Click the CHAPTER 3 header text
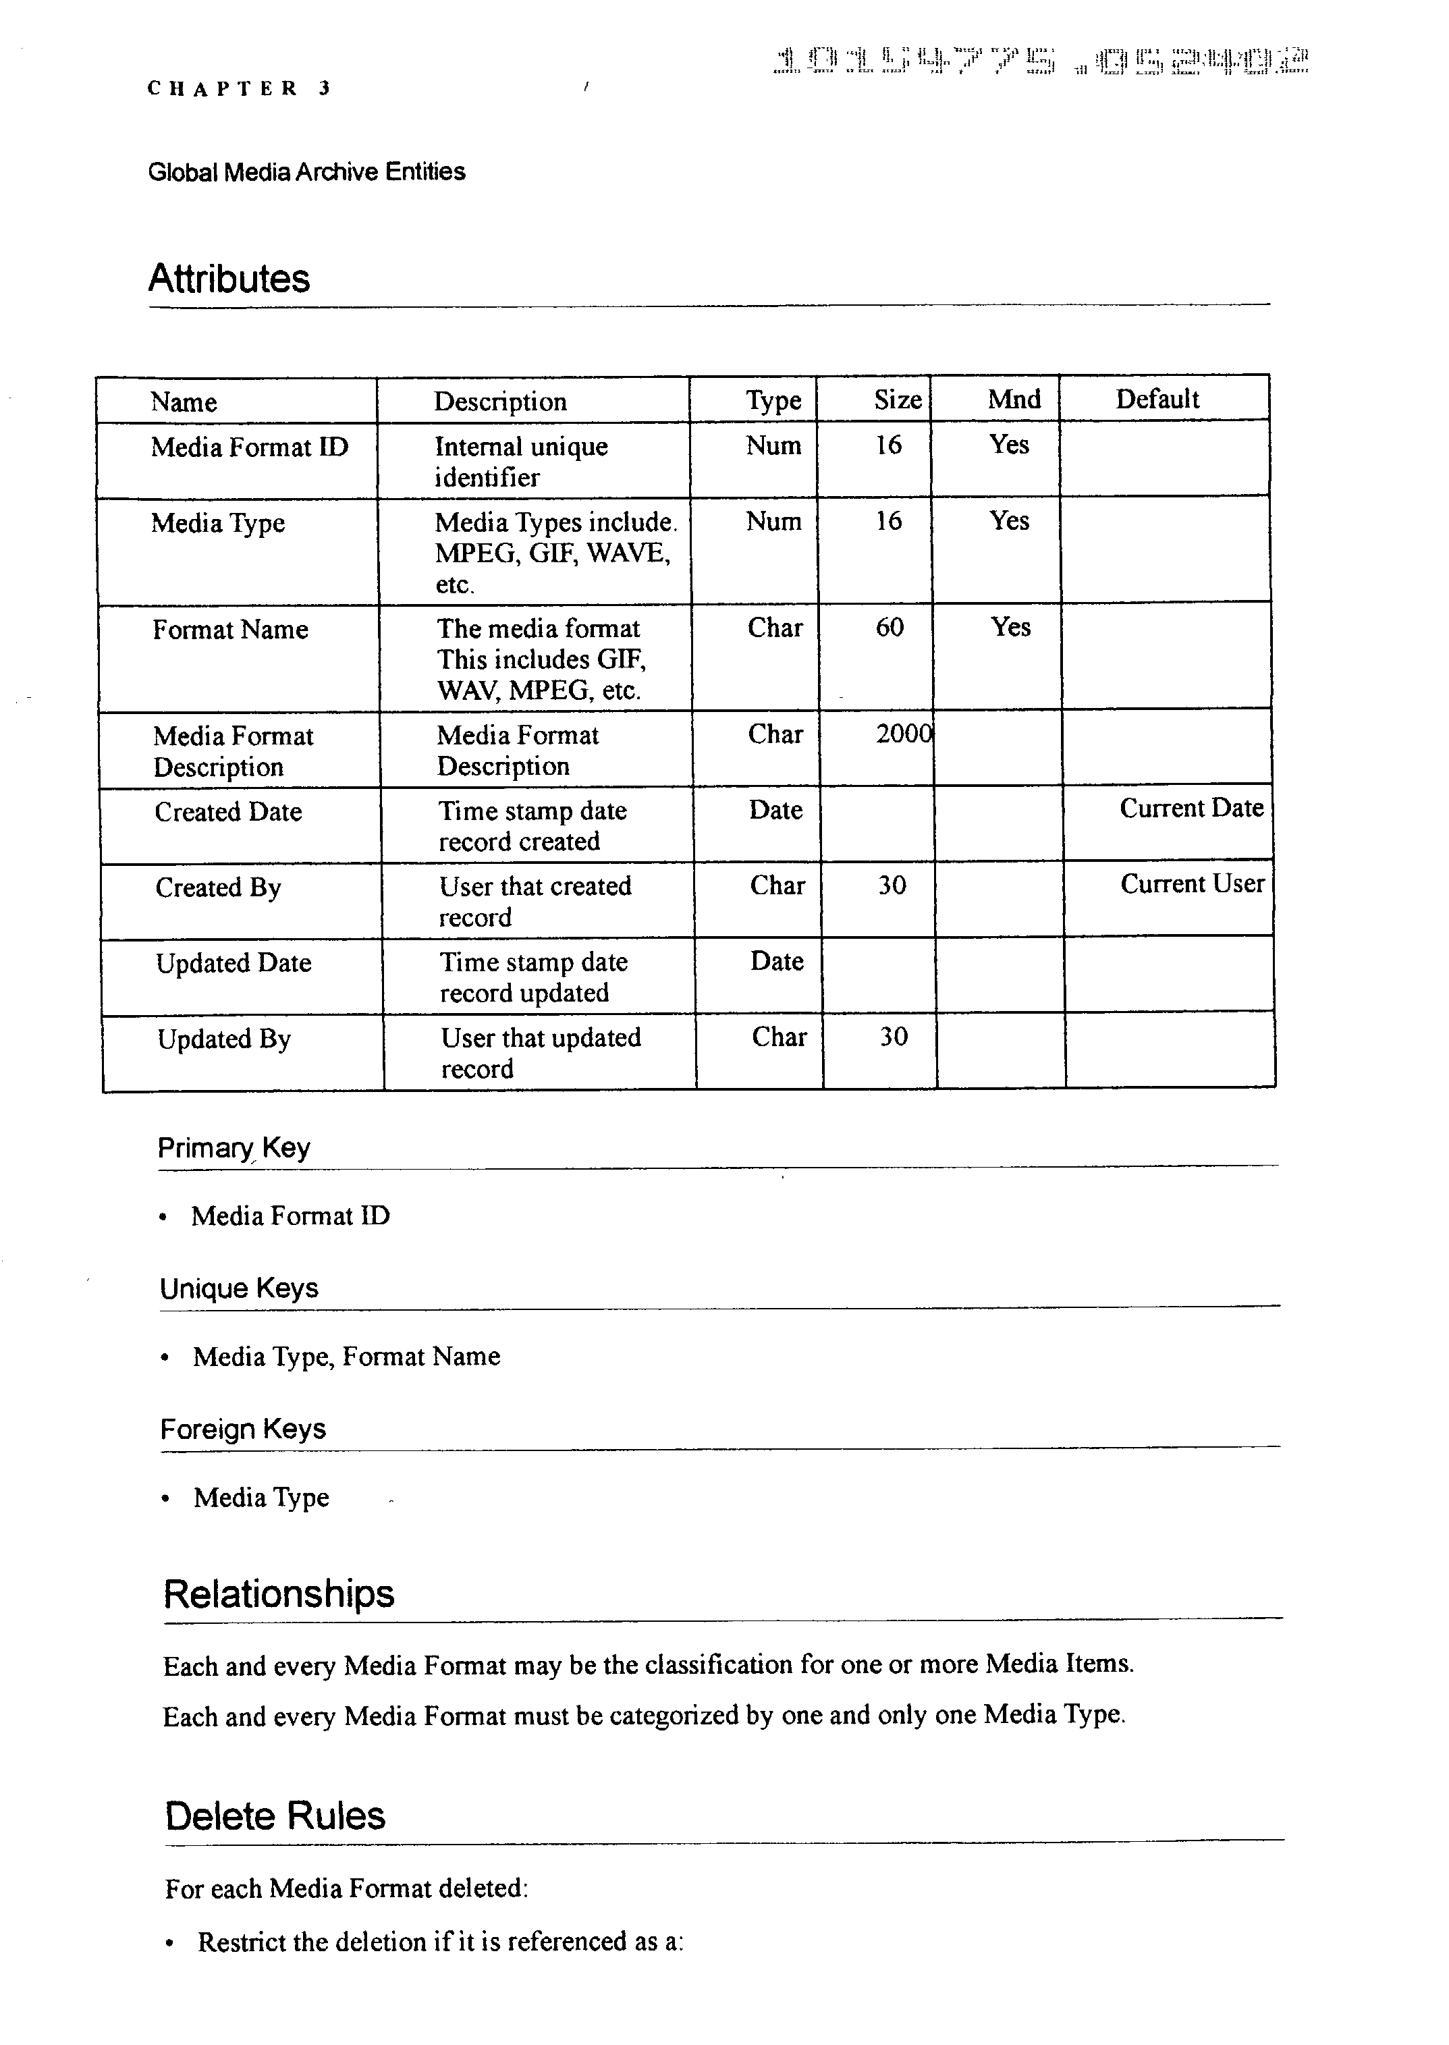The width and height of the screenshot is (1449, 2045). pyautogui.click(x=238, y=88)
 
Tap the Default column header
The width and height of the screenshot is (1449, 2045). pyautogui.click(x=1157, y=399)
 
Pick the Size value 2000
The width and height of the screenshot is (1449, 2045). pyautogui.click(x=903, y=734)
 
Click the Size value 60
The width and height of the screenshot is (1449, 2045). pyautogui.click(x=890, y=627)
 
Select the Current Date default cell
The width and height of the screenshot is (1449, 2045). pyautogui.click(x=1191, y=809)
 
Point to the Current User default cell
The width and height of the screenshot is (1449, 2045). pyautogui.click(x=1192, y=884)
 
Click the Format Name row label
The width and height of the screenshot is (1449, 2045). pyautogui.click(x=230, y=630)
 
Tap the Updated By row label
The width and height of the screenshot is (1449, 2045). pyautogui.click(x=224, y=1039)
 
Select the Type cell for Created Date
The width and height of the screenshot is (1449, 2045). pyautogui.click(x=775, y=810)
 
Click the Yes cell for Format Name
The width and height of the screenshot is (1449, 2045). pyautogui.click(x=1010, y=627)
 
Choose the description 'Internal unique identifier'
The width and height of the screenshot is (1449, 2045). pyautogui.click(x=521, y=461)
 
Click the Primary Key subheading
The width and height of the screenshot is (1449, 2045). pyautogui.click(x=234, y=1147)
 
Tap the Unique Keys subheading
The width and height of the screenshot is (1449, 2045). pyautogui.click(x=239, y=1288)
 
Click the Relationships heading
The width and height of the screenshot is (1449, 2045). pyautogui.click(x=278, y=1593)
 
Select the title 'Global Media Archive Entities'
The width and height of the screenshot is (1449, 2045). pyautogui.click(x=306, y=171)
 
